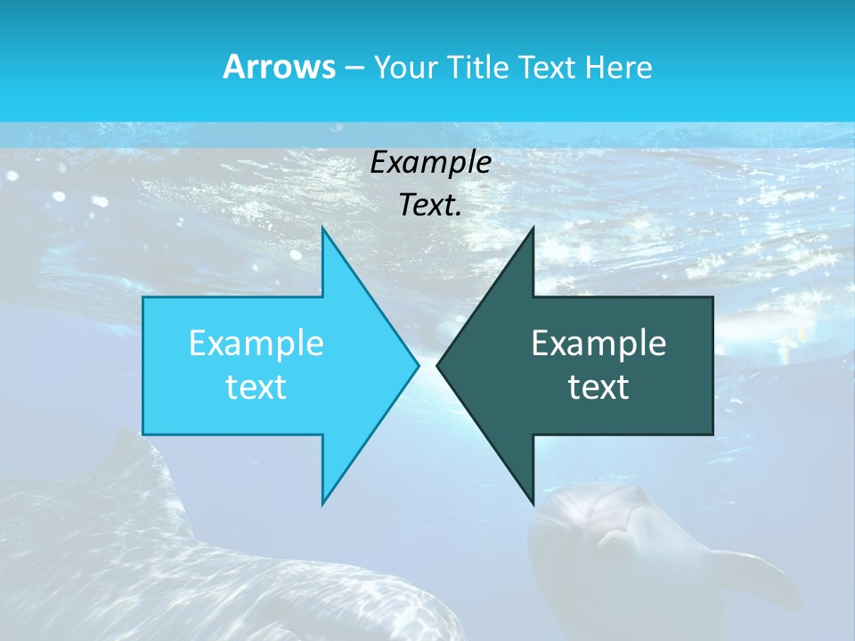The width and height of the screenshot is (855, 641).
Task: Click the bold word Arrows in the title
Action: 278,67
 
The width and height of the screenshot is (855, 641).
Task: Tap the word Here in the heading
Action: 618,68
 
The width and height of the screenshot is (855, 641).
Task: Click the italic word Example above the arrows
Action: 430,163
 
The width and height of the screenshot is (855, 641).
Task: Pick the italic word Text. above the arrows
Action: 430,206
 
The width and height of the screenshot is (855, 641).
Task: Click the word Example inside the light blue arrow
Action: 256,343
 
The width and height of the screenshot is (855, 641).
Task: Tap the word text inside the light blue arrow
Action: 256,386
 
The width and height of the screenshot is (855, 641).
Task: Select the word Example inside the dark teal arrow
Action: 598,343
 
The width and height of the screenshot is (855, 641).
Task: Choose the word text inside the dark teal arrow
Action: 598,386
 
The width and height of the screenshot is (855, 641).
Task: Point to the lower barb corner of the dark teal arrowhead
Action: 533,502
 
